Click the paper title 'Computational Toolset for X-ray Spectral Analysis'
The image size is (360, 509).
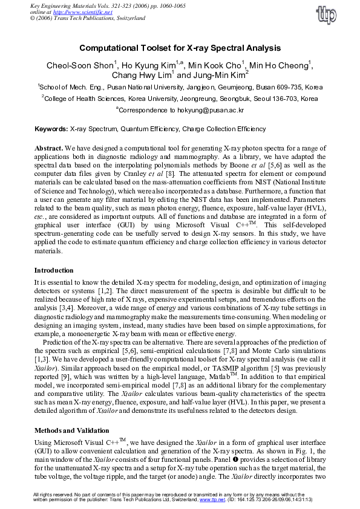click(180, 48)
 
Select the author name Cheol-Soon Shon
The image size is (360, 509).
click(80, 65)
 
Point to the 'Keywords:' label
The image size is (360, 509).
click(51, 129)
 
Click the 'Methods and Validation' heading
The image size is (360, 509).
click(71, 431)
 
